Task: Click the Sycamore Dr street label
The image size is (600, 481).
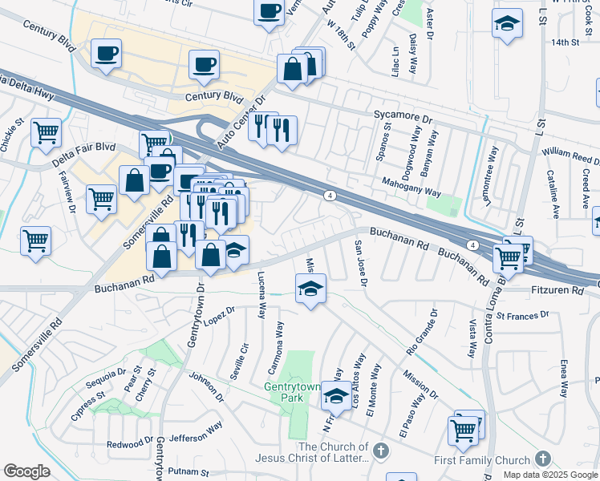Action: [x=403, y=115]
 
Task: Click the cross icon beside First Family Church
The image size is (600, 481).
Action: [x=543, y=459]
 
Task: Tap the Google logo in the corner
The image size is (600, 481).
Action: [x=26, y=471]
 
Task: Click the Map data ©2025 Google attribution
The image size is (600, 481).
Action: [x=550, y=475]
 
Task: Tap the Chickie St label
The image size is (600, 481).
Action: [x=13, y=137]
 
